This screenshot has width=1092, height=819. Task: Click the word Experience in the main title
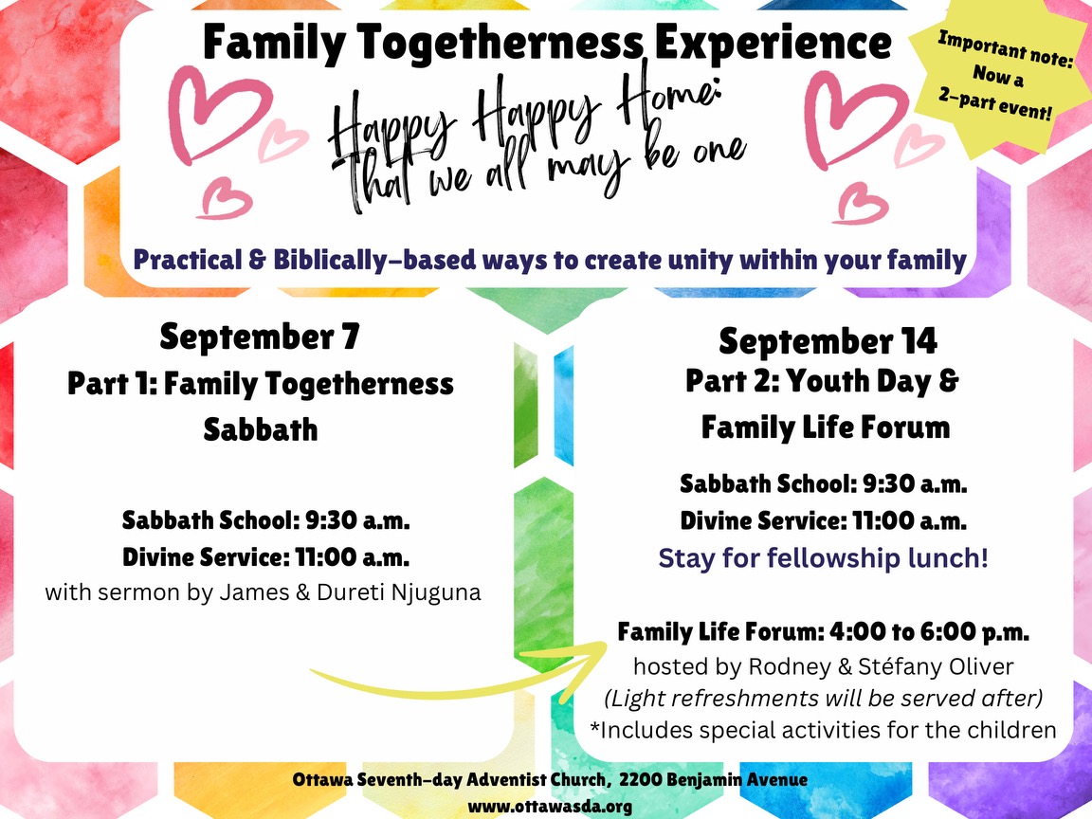point(773,44)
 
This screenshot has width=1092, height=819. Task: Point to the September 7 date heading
point(260,337)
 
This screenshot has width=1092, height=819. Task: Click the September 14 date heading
point(828,341)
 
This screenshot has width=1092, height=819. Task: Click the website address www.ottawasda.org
point(550,807)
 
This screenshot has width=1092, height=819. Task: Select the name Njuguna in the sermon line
point(436,592)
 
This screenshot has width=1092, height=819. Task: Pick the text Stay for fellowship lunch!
point(823,557)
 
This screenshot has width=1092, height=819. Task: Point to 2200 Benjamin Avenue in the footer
point(713,779)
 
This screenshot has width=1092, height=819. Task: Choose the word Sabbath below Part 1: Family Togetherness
point(261,429)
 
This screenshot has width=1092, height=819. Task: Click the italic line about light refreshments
point(823,698)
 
